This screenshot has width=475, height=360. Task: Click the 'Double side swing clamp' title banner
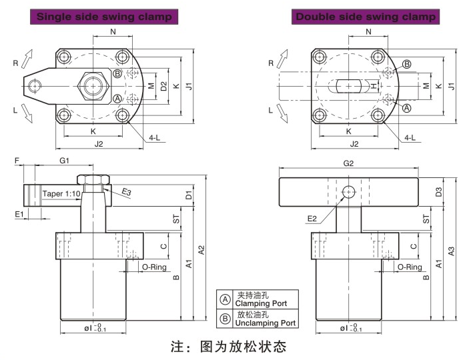[366, 15]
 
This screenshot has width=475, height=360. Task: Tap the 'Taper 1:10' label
[61, 193]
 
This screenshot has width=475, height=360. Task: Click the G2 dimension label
[348, 163]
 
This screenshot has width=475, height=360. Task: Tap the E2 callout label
[312, 218]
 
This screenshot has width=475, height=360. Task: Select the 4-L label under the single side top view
[154, 137]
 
